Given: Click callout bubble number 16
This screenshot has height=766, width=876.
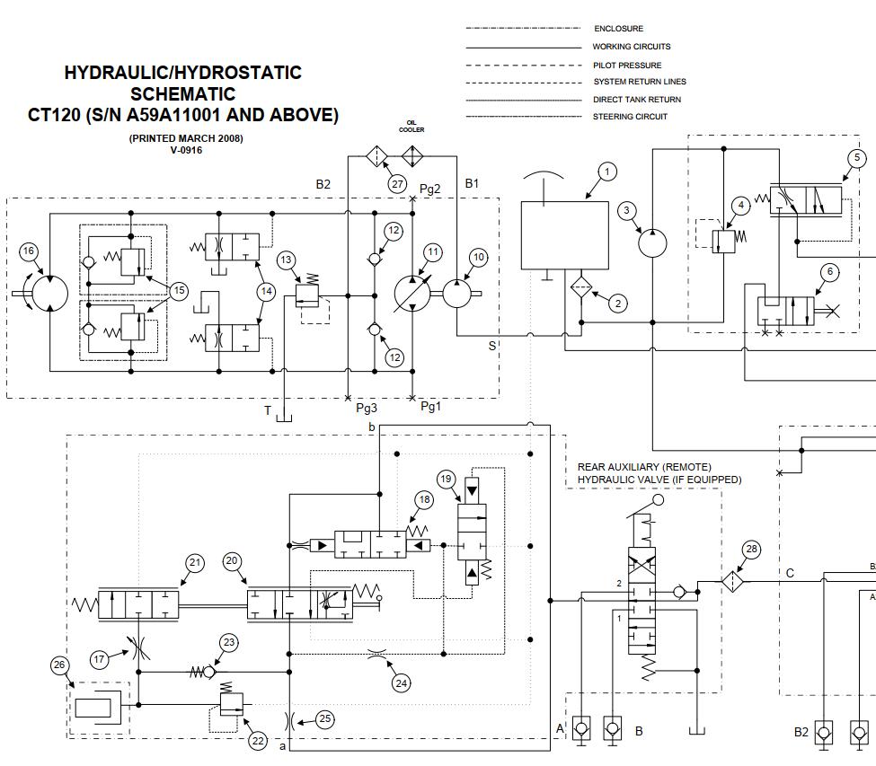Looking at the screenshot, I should click(30, 251).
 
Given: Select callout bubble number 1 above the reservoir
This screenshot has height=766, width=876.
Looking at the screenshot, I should click(607, 172).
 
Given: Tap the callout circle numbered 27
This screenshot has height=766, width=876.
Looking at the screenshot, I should click(398, 183).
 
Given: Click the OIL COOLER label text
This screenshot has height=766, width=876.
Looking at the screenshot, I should click(412, 126).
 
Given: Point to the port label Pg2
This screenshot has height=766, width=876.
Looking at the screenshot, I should click(430, 189).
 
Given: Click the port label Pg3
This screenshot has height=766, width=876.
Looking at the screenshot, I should click(367, 408).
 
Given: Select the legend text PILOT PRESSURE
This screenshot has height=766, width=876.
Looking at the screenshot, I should click(626, 65).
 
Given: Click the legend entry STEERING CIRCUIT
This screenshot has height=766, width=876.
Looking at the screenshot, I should click(630, 116).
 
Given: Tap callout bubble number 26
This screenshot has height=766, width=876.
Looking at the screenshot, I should click(60, 665).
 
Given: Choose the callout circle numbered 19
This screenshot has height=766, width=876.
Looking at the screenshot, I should click(447, 478).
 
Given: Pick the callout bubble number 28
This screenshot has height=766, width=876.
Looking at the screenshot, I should click(751, 550).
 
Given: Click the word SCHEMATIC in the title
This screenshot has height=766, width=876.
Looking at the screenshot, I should click(183, 93).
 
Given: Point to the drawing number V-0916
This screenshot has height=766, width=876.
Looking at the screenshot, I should click(186, 150).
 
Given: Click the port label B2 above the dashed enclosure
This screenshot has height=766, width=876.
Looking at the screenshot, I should click(323, 184).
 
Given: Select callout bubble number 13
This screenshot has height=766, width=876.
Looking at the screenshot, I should click(286, 260).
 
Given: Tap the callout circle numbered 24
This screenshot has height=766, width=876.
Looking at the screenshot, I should click(402, 683).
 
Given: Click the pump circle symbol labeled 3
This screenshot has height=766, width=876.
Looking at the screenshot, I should click(653, 242).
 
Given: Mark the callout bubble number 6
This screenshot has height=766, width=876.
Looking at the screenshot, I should click(829, 272).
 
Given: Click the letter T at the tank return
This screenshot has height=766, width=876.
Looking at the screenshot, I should click(267, 410).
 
